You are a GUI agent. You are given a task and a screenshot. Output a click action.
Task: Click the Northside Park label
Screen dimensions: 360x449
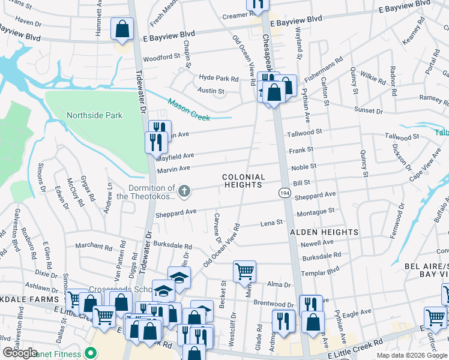pyautogui.click(x=94, y=115)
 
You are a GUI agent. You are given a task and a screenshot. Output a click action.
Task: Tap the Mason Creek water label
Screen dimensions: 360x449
pyautogui.click(x=188, y=110)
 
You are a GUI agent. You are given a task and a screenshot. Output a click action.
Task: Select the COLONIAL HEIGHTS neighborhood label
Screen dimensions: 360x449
pyautogui.click(x=243, y=181)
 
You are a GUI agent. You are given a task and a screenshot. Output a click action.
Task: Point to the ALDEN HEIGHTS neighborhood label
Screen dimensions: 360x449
pyautogui.click(x=324, y=232)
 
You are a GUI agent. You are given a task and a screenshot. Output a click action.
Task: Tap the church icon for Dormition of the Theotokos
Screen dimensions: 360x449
pyautogui.click(x=185, y=192)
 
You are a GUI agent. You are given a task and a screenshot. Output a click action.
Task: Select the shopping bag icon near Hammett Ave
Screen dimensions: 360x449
pyautogui.click(x=122, y=30)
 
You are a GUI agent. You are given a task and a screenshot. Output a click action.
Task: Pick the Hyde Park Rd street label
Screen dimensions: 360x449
pyautogui.click(x=219, y=79)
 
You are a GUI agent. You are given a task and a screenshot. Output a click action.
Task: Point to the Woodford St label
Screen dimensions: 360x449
pyautogui.click(x=161, y=57)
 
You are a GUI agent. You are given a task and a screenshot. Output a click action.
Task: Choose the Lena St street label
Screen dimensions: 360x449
pyautogui.click(x=271, y=223)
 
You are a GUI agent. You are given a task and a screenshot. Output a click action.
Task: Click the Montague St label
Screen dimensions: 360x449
pyautogui.click(x=315, y=211)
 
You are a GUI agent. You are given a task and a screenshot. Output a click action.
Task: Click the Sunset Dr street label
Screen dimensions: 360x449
pyautogui.click(x=369, y=111)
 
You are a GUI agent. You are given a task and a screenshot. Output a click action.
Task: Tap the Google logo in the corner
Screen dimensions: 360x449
pyautogui.click(x=20, y=353)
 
